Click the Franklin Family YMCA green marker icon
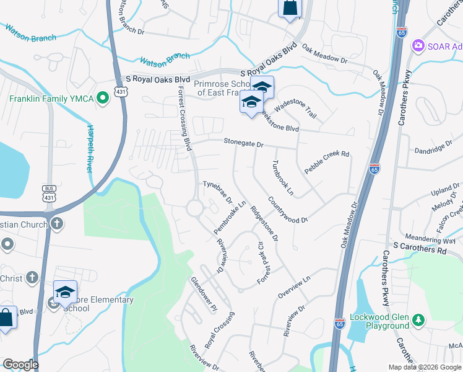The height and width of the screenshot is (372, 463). pos(103,97)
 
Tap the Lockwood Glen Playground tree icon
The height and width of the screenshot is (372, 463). pos(419,319)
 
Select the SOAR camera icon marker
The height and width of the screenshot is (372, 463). pos(418,45)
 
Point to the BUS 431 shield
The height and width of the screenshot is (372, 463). pos(50,192)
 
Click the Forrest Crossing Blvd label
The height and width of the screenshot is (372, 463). pos(184,117)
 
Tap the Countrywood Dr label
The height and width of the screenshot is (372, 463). pos(288,211)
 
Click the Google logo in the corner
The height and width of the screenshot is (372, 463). pos(20,364)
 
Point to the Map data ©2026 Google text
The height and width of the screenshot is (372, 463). pos(424,367)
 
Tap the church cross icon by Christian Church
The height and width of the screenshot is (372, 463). pos(56,223)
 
